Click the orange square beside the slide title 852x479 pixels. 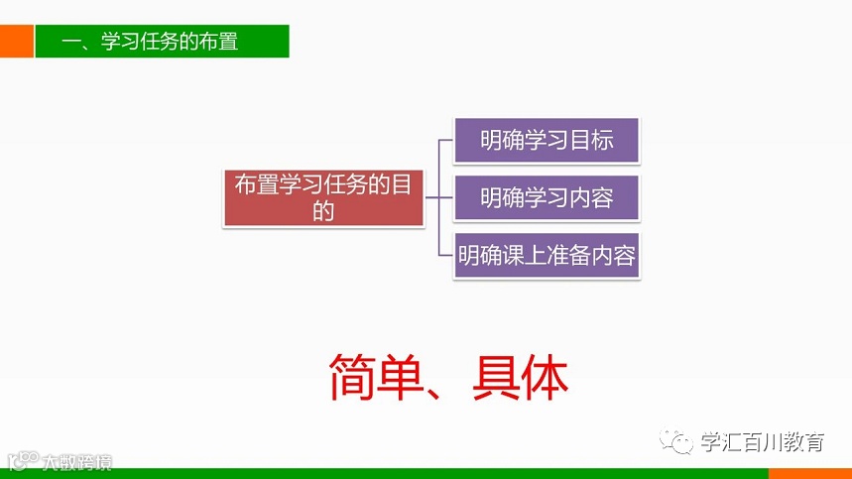16,42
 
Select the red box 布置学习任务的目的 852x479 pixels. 323,197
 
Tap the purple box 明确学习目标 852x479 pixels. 546,140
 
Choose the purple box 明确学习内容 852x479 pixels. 546,198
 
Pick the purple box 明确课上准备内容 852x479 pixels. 546,257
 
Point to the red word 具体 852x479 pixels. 523,378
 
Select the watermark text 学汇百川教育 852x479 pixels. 761,443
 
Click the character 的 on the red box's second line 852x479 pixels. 323,211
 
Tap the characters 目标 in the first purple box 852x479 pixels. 591,140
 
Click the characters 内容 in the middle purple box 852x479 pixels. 591,198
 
